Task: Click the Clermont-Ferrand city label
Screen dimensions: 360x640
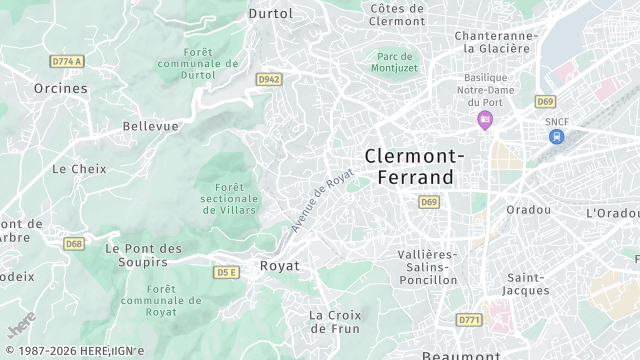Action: click(414, 166)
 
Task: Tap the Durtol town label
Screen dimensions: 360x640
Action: click(271, 14)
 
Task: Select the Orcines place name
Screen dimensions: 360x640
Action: click(61, 88)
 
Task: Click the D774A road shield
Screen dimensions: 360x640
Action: click(67, 61)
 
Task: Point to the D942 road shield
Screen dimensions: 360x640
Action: click(268, 78)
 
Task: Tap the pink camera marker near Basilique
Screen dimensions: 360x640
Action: click(485, 121)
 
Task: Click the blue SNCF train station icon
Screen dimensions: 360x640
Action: click(557, 136)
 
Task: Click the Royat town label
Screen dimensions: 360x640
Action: click(279, 266)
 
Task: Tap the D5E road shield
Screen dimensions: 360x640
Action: click(227, 271)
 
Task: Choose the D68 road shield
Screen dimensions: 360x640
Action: click(73, 243)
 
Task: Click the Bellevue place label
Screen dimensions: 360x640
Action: click(150, 126)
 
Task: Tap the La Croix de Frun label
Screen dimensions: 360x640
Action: click(335, 321)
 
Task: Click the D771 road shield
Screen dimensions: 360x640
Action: click(468, 319)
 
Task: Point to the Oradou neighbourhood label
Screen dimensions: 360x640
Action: click(529, 210)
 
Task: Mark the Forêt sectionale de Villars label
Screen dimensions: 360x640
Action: click(229, 198)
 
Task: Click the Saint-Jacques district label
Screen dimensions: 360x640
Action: click(527, 283)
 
